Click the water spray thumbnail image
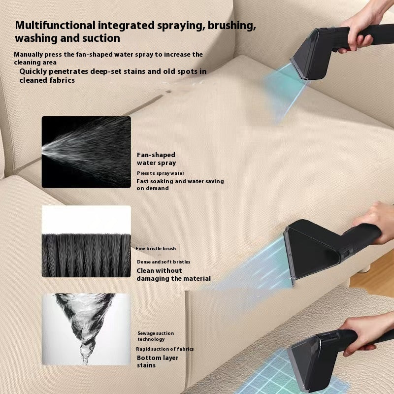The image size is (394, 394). [86, 152]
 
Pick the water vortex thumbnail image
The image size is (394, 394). [86, 329]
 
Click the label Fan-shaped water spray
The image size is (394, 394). [156, 159]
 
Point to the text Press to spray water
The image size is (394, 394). [160, 173]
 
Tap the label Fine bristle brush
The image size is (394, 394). [156, 249]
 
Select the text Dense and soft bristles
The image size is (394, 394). [164, 262]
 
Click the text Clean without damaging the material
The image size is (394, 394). [173, 274]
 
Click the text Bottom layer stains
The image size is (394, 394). [158, 361]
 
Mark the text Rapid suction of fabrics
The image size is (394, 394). [165, 349]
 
